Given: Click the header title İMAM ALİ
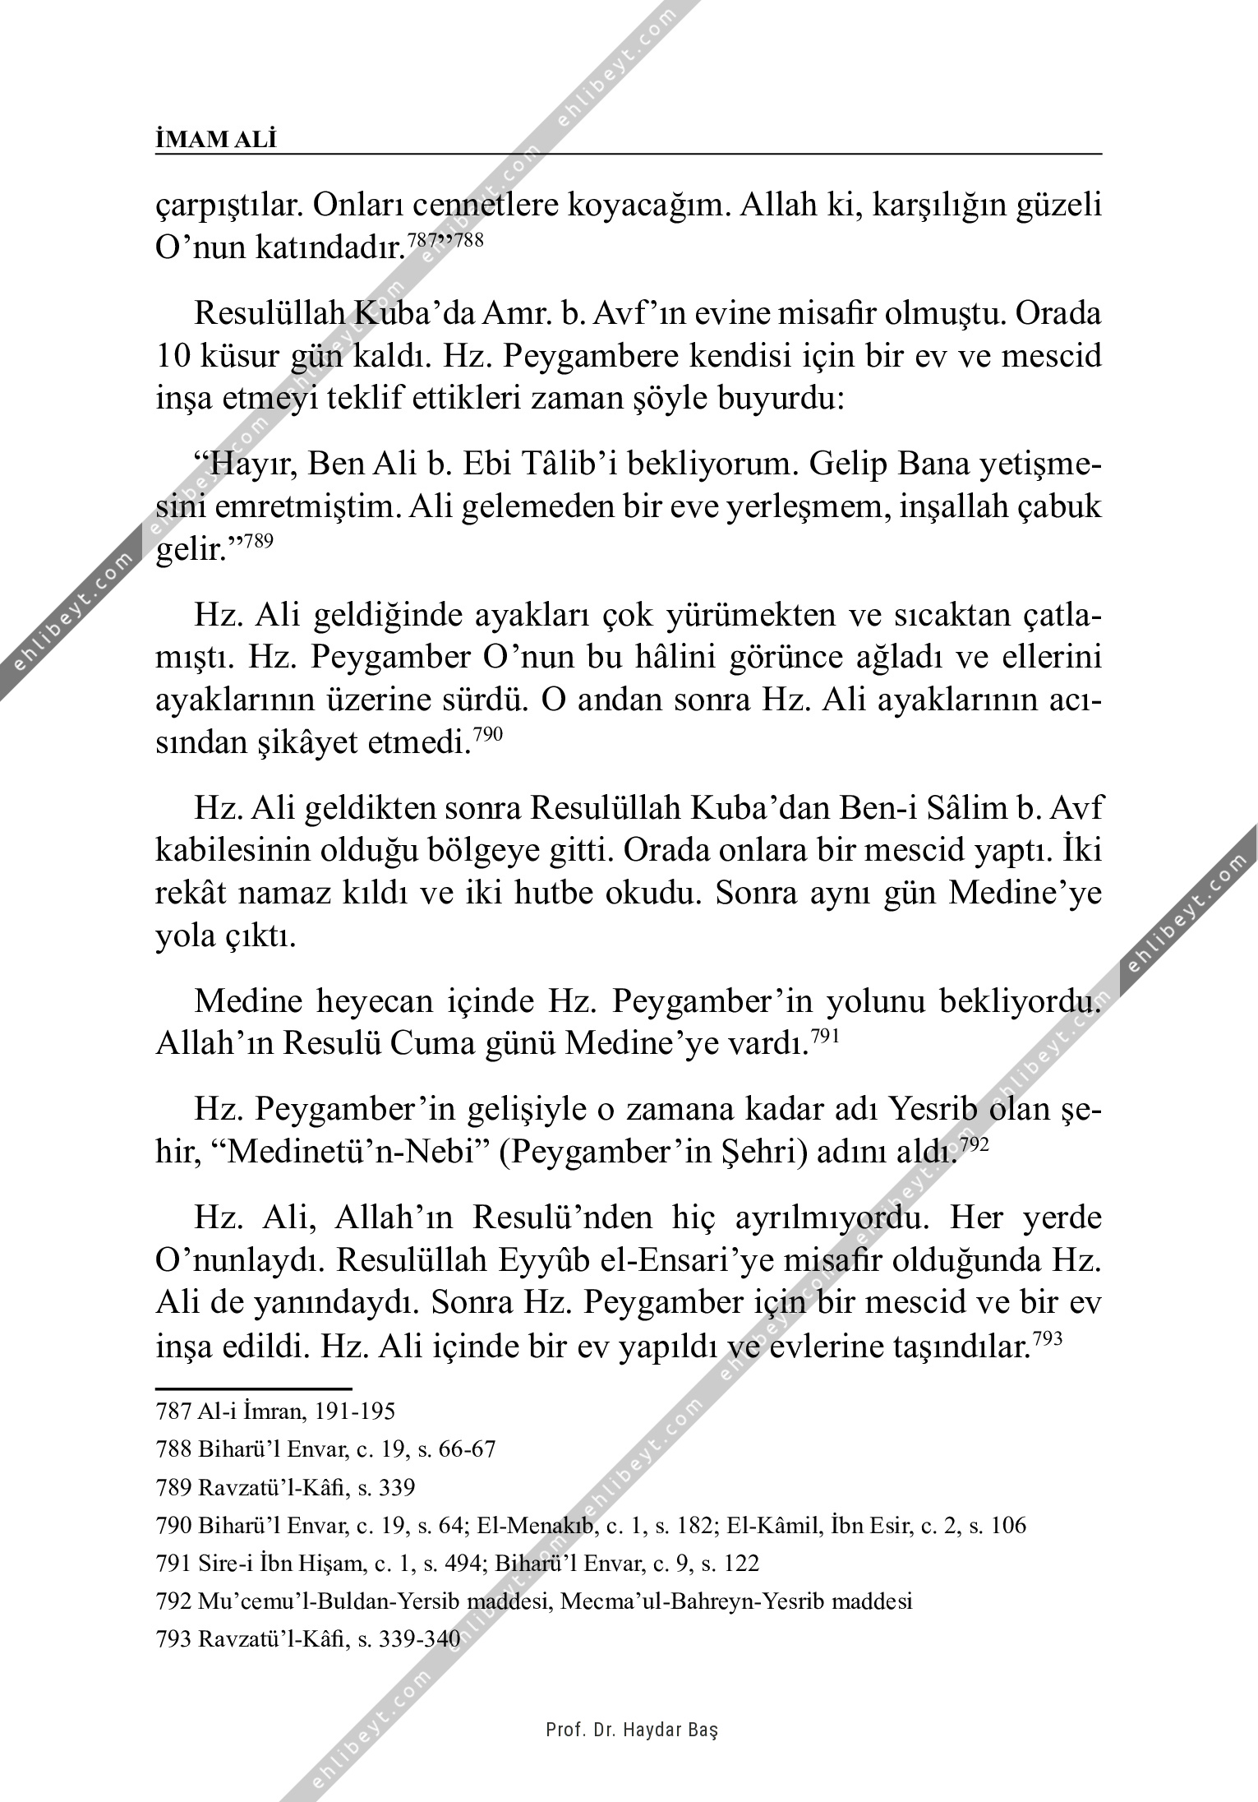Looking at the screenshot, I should tap(216, 140).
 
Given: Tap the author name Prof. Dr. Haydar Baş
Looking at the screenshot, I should tap(632, 1730).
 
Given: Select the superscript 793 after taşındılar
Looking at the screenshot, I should tap(1048, 1339).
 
